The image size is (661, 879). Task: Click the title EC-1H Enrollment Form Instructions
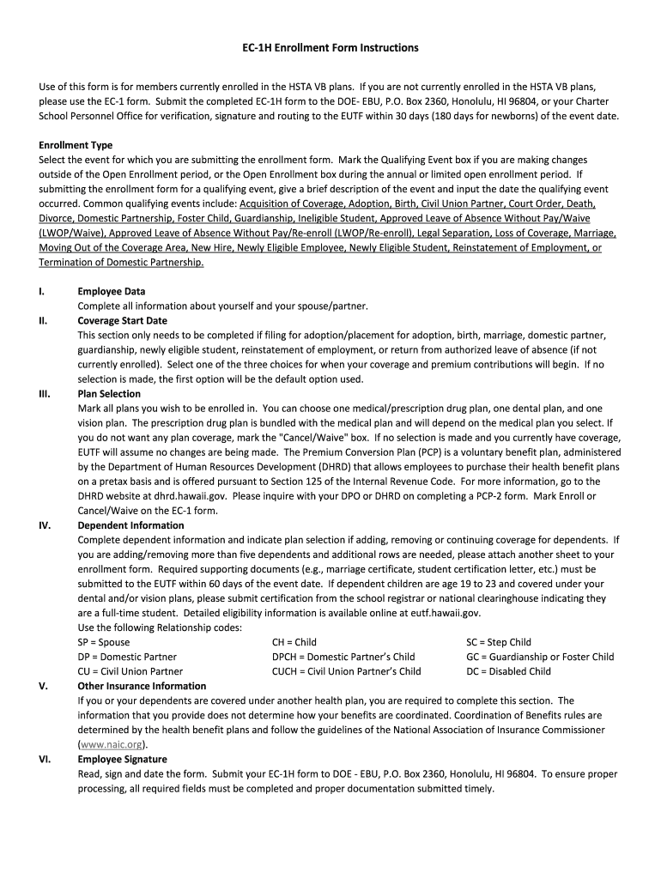click(x=330, y=48)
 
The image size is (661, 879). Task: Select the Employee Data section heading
click(x=111, y=291)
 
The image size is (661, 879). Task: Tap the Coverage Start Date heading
click(x=122, y=320)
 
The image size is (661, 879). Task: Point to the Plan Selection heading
click(x=109, y=393)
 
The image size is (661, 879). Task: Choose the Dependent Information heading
click(x=129, y=524)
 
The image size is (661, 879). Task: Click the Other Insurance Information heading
click(x=142, y=686)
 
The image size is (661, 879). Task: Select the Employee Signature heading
click(x=122, y=759)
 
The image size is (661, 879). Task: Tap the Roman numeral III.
click(x=45, y=393)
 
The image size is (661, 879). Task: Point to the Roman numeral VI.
click(x=44, y=759)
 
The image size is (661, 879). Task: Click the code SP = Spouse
click(x=104, y=642)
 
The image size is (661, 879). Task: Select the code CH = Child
click(x=294, y=642)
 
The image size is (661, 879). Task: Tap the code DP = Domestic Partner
click(x=127, y=657)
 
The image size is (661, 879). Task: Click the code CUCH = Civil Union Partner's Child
click(x=346, y=671)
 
